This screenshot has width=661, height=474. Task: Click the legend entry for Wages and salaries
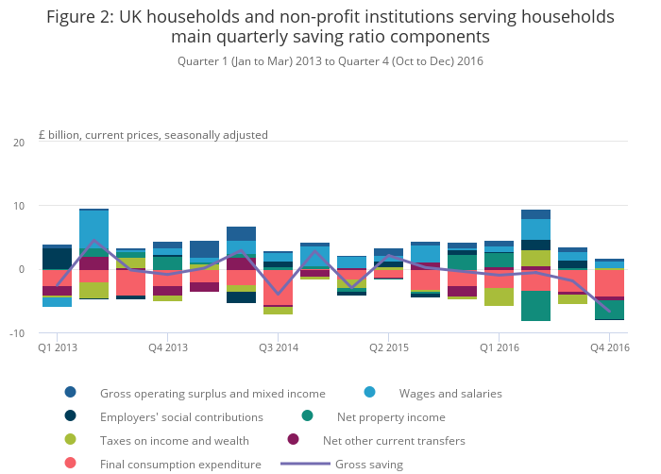coord(450,393)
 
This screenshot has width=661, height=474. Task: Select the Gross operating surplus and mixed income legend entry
coord(212,393)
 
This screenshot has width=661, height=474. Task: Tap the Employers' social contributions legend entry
coord(181,416)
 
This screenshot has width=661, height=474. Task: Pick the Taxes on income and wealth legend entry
coord(175,440)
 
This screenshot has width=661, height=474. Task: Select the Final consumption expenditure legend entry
coord(180,464)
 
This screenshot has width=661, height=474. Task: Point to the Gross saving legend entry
coord(368,464)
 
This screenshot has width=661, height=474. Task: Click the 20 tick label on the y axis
coord(19,142)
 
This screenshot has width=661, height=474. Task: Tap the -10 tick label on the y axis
coord(17,333)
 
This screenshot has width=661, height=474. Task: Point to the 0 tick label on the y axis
coord(22,269)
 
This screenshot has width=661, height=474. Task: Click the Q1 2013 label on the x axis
coord(57,348)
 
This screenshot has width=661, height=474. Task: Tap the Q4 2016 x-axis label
coord(609,348)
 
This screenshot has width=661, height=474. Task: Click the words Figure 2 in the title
coord(84,17)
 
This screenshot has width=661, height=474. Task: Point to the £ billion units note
coord(153,134)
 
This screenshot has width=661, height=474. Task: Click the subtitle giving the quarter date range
coord(330,61)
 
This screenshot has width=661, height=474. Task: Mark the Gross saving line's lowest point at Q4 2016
coord(609,312)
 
